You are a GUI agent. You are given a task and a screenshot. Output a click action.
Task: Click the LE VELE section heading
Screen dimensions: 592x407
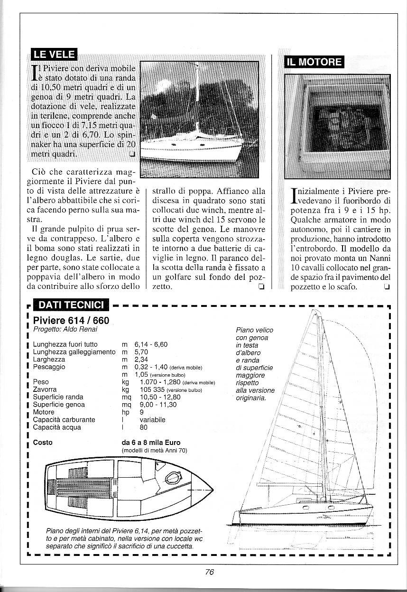(x=52, y=56)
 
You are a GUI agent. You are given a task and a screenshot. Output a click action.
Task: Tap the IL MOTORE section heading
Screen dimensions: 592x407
(x=314, y=62)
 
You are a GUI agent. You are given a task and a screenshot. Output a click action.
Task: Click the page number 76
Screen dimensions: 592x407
(x=210, y=572)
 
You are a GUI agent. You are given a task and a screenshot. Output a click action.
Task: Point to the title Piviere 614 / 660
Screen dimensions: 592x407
(x=65, y=320)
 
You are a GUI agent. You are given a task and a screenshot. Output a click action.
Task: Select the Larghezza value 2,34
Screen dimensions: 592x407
(x=142, y=360)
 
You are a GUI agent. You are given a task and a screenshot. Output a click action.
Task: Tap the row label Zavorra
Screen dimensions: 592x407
(x=45, y=389)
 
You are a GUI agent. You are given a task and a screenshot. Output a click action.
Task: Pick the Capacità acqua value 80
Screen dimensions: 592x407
(x=144, y=427)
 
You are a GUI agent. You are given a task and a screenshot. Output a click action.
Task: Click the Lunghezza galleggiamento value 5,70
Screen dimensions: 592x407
(x=142, y=352)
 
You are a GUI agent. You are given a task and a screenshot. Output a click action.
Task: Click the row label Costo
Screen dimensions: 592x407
(x=43, y=443)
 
